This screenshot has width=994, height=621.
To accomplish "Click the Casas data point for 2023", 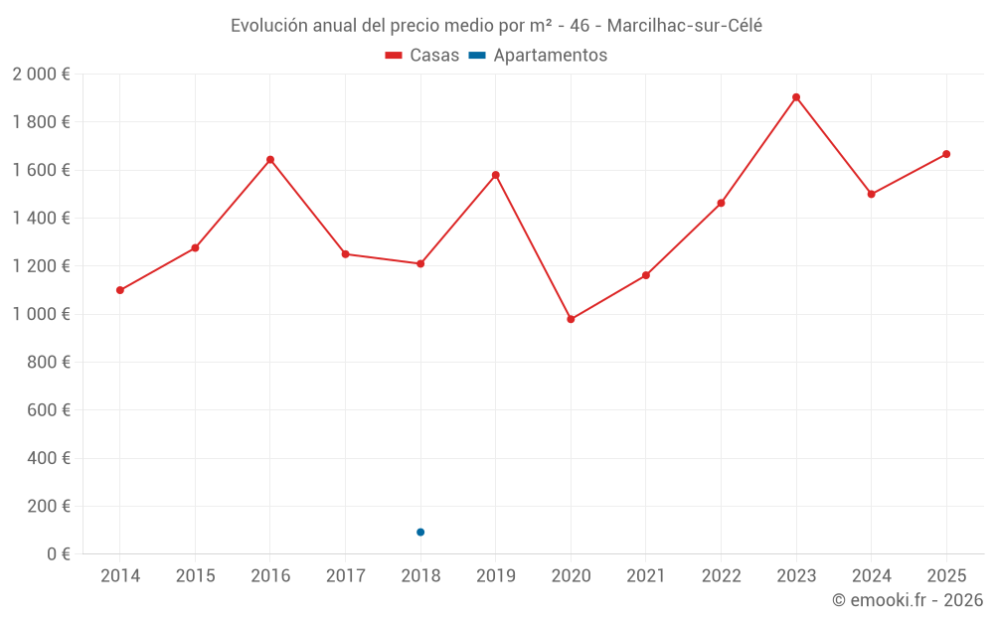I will [796, 97].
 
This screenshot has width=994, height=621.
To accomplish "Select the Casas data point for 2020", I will [571, 319].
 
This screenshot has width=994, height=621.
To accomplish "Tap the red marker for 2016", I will [270, 160].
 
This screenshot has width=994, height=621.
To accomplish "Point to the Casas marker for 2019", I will [496, 175].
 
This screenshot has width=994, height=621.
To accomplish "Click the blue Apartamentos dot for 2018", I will [420, 533].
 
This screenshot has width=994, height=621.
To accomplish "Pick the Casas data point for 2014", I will [120, 290].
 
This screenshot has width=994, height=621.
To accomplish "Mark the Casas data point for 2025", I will [946, 154].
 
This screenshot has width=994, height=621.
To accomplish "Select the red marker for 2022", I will [721, 203].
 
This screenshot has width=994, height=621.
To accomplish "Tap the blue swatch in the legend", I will [477, 56].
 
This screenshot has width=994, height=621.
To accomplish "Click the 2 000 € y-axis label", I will [41, 75].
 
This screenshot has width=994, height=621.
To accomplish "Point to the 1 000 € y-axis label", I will [41, 314].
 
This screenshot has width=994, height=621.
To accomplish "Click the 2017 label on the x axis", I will [345, 576].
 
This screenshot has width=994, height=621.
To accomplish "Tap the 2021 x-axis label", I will [646, 576].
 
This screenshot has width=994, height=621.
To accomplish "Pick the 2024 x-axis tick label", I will [871, 576].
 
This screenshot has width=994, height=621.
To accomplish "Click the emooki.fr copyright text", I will [908, 600].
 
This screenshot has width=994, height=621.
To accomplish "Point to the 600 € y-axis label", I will [47, 410].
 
